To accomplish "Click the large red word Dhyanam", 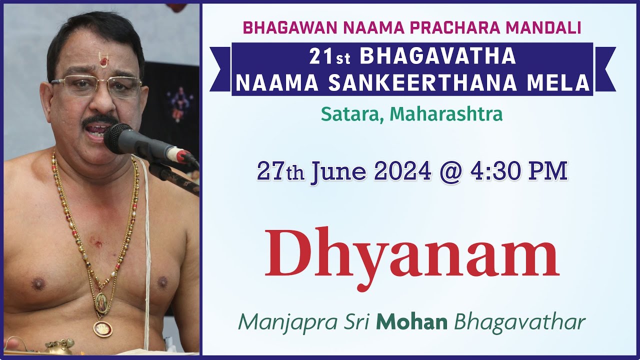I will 411,254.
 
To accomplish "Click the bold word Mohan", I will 411,322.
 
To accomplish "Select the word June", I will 338,171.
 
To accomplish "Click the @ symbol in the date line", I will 449,171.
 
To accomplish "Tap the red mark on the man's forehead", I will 103,61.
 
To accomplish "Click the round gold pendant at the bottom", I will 102,328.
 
